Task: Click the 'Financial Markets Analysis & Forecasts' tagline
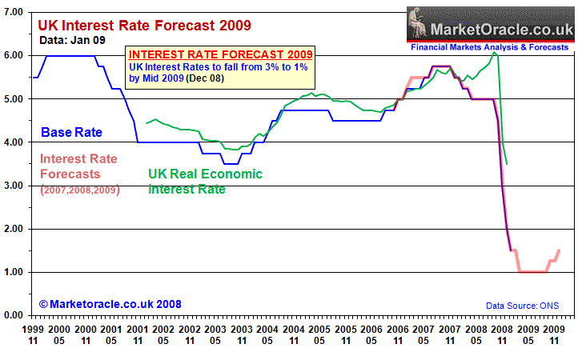(x=490, y=47)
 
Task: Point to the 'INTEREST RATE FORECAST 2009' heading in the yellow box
(x=221, y=54)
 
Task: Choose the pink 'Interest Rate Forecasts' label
(x=78, y=166)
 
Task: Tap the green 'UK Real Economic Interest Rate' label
(x=205, y=181)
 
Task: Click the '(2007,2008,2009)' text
(x=78, y=190)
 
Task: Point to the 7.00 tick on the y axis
(x=14, y=12)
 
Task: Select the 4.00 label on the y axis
(x=14, y=142)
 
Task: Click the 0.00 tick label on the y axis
(x=14, y=315)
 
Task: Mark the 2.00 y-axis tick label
(x=14, y=229)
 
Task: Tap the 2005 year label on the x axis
(x=320, y=330)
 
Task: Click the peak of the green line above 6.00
(x=494, y=53)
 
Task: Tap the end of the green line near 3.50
(x=508, y=163)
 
